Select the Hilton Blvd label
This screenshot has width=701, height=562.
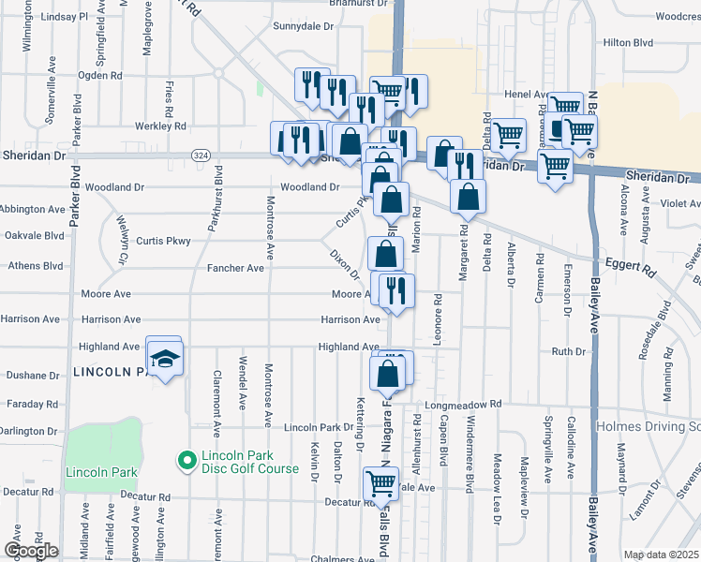pyautogui.click(x=628, y=42)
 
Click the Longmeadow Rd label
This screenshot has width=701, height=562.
pyautogui.click(x=463, y=405)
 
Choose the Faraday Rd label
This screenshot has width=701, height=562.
pyautogui.click(x=32, y=405)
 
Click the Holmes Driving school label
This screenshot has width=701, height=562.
pyautogui.click(x=648, y=426)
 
